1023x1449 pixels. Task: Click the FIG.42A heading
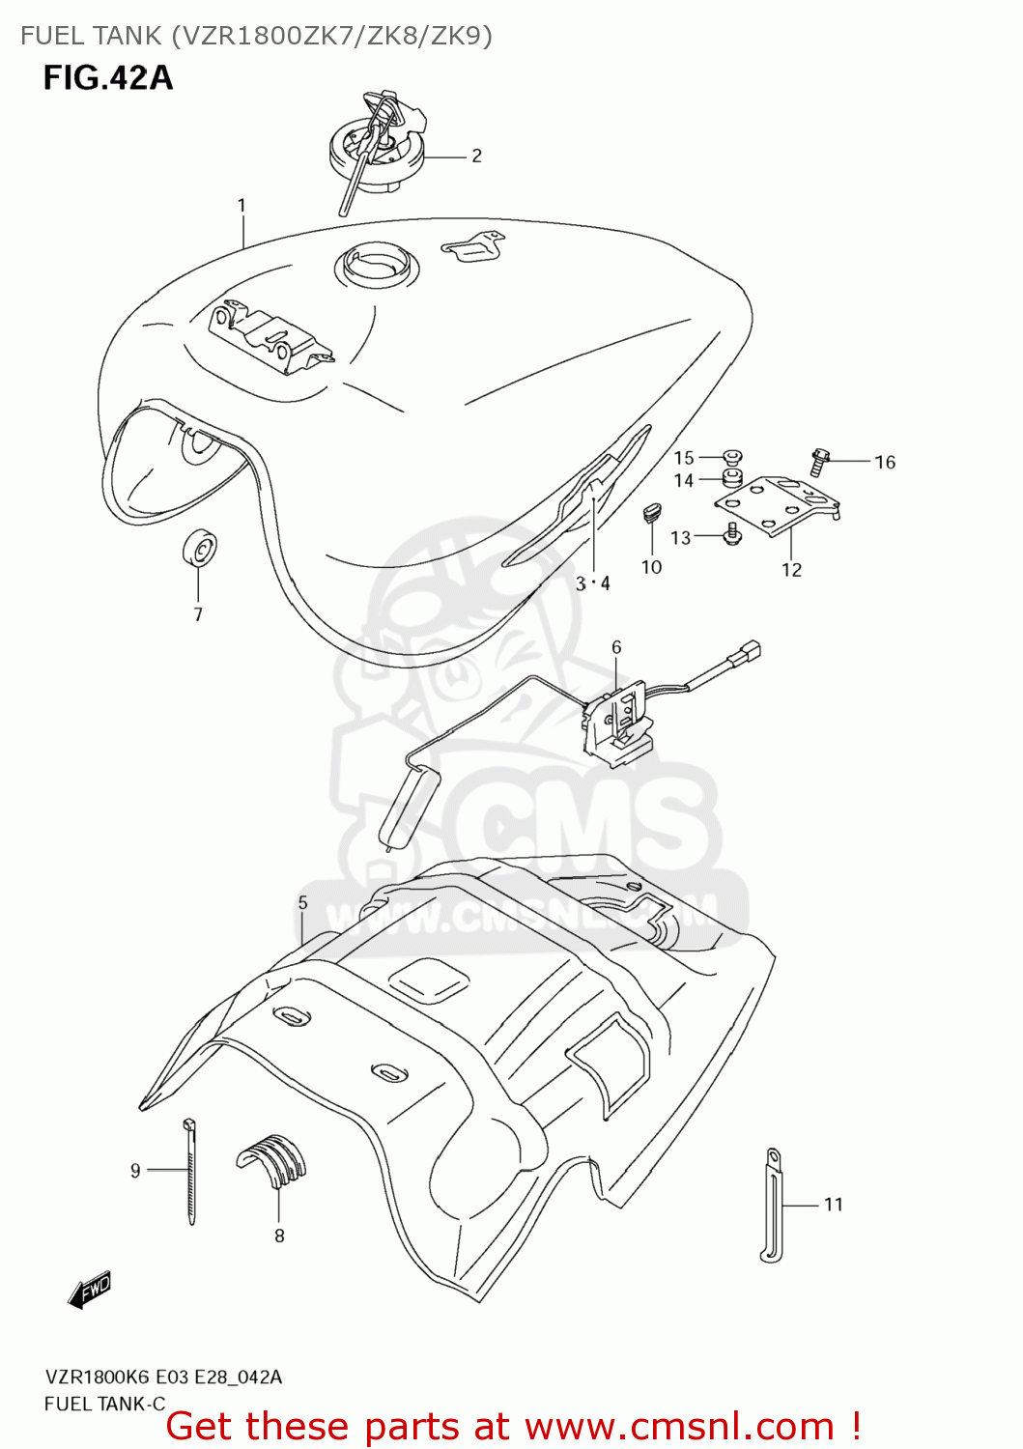(x=107, y=77)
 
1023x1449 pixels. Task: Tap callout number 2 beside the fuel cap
(x=476, y=156)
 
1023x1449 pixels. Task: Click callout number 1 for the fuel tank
(x=242, y=205)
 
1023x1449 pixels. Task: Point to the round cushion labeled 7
(x=199, y=551)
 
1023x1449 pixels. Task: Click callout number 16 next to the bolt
(x=885, y=463)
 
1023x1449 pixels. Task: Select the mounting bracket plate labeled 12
(x=777, y=505)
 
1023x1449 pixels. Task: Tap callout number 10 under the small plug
(x=651, y=567)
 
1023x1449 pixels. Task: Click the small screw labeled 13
(x=731, y=532)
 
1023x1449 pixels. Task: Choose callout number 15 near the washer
(x=684, y=458)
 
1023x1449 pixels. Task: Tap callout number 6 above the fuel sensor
(x=616, y=647)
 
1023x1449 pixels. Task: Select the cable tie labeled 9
(x=190, y=1171)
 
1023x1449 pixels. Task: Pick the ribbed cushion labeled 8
(x=273, y=1159)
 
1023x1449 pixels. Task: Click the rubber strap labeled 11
(x=772, y=1204)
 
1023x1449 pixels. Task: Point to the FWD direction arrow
(x=90, y=1290)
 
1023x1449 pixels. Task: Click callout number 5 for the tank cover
(x=302, y=902)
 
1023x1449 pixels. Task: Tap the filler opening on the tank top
(x=378, y=262)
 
